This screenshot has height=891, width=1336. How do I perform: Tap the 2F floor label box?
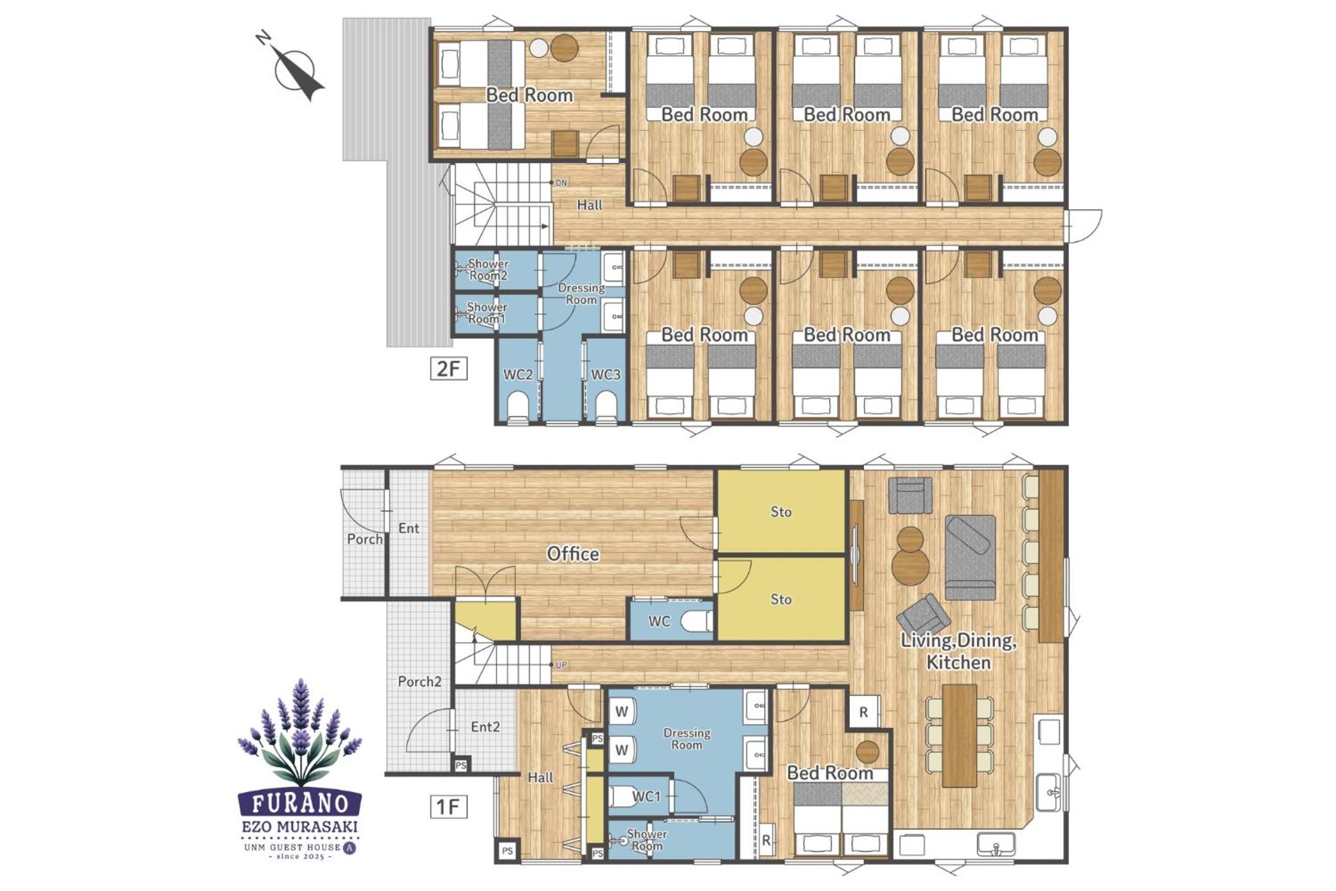click(x=448, y=369)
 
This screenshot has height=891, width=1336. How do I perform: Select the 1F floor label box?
click(x=448, y=806)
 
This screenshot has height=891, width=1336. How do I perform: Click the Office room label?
click(x=573, y=554)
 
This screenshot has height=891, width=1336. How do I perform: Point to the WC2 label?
click(x=518, y=375)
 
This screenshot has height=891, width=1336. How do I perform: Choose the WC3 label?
click(x=606, y=375)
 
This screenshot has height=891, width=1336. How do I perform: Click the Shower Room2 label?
click(x=488, y=270)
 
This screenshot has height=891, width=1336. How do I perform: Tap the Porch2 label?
click(x=419, y=682)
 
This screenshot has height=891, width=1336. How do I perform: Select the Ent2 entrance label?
click(x=485, y=727)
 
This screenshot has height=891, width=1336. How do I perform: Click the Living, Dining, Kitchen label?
click(x=958, y=651)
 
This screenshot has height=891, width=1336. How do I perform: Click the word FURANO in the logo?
click(x=300, y=803)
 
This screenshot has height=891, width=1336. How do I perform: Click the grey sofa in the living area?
click(x=970, y=558)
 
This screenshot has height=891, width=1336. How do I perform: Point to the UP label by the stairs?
click(x=561, y=665)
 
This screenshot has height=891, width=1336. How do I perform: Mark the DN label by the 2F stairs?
click(x=561, y=183)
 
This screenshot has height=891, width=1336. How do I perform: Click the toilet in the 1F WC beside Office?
click(x=696, y=621)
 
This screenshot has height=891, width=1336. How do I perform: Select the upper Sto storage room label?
click(x=781, y=512)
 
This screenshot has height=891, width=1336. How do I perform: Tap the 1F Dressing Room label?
click(x=687, y=739)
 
